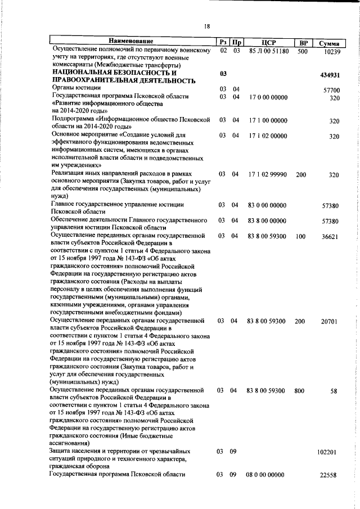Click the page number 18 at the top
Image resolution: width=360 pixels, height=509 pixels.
coord(207,26)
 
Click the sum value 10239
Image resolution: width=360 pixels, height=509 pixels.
coord(332,52)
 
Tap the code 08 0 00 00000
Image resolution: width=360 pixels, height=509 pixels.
coord(265,475)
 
